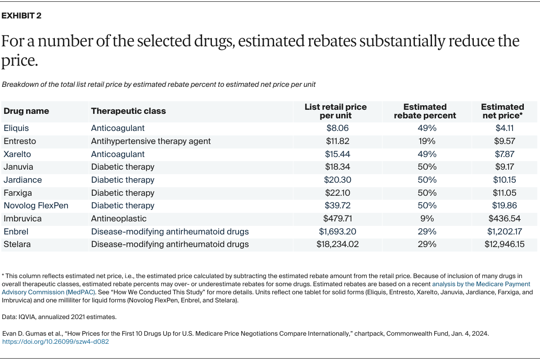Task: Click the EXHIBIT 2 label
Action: coord(22,16)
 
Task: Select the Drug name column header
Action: coord(26,111)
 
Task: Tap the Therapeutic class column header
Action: coord(128,111)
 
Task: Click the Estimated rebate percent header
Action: coord(425,111)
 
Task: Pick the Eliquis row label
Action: coord(17,128)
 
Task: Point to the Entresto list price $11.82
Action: coord(337,141)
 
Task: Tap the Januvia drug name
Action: coord(18,167)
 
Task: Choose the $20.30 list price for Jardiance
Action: coord(337,180)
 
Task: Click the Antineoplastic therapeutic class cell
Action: coord(119,219)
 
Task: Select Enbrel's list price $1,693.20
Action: coord(337,232)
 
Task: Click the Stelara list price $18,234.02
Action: coord(337,245)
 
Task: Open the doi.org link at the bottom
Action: coord(55,342)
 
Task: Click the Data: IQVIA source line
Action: coord(59,317)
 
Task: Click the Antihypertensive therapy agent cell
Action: coord(151,141)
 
